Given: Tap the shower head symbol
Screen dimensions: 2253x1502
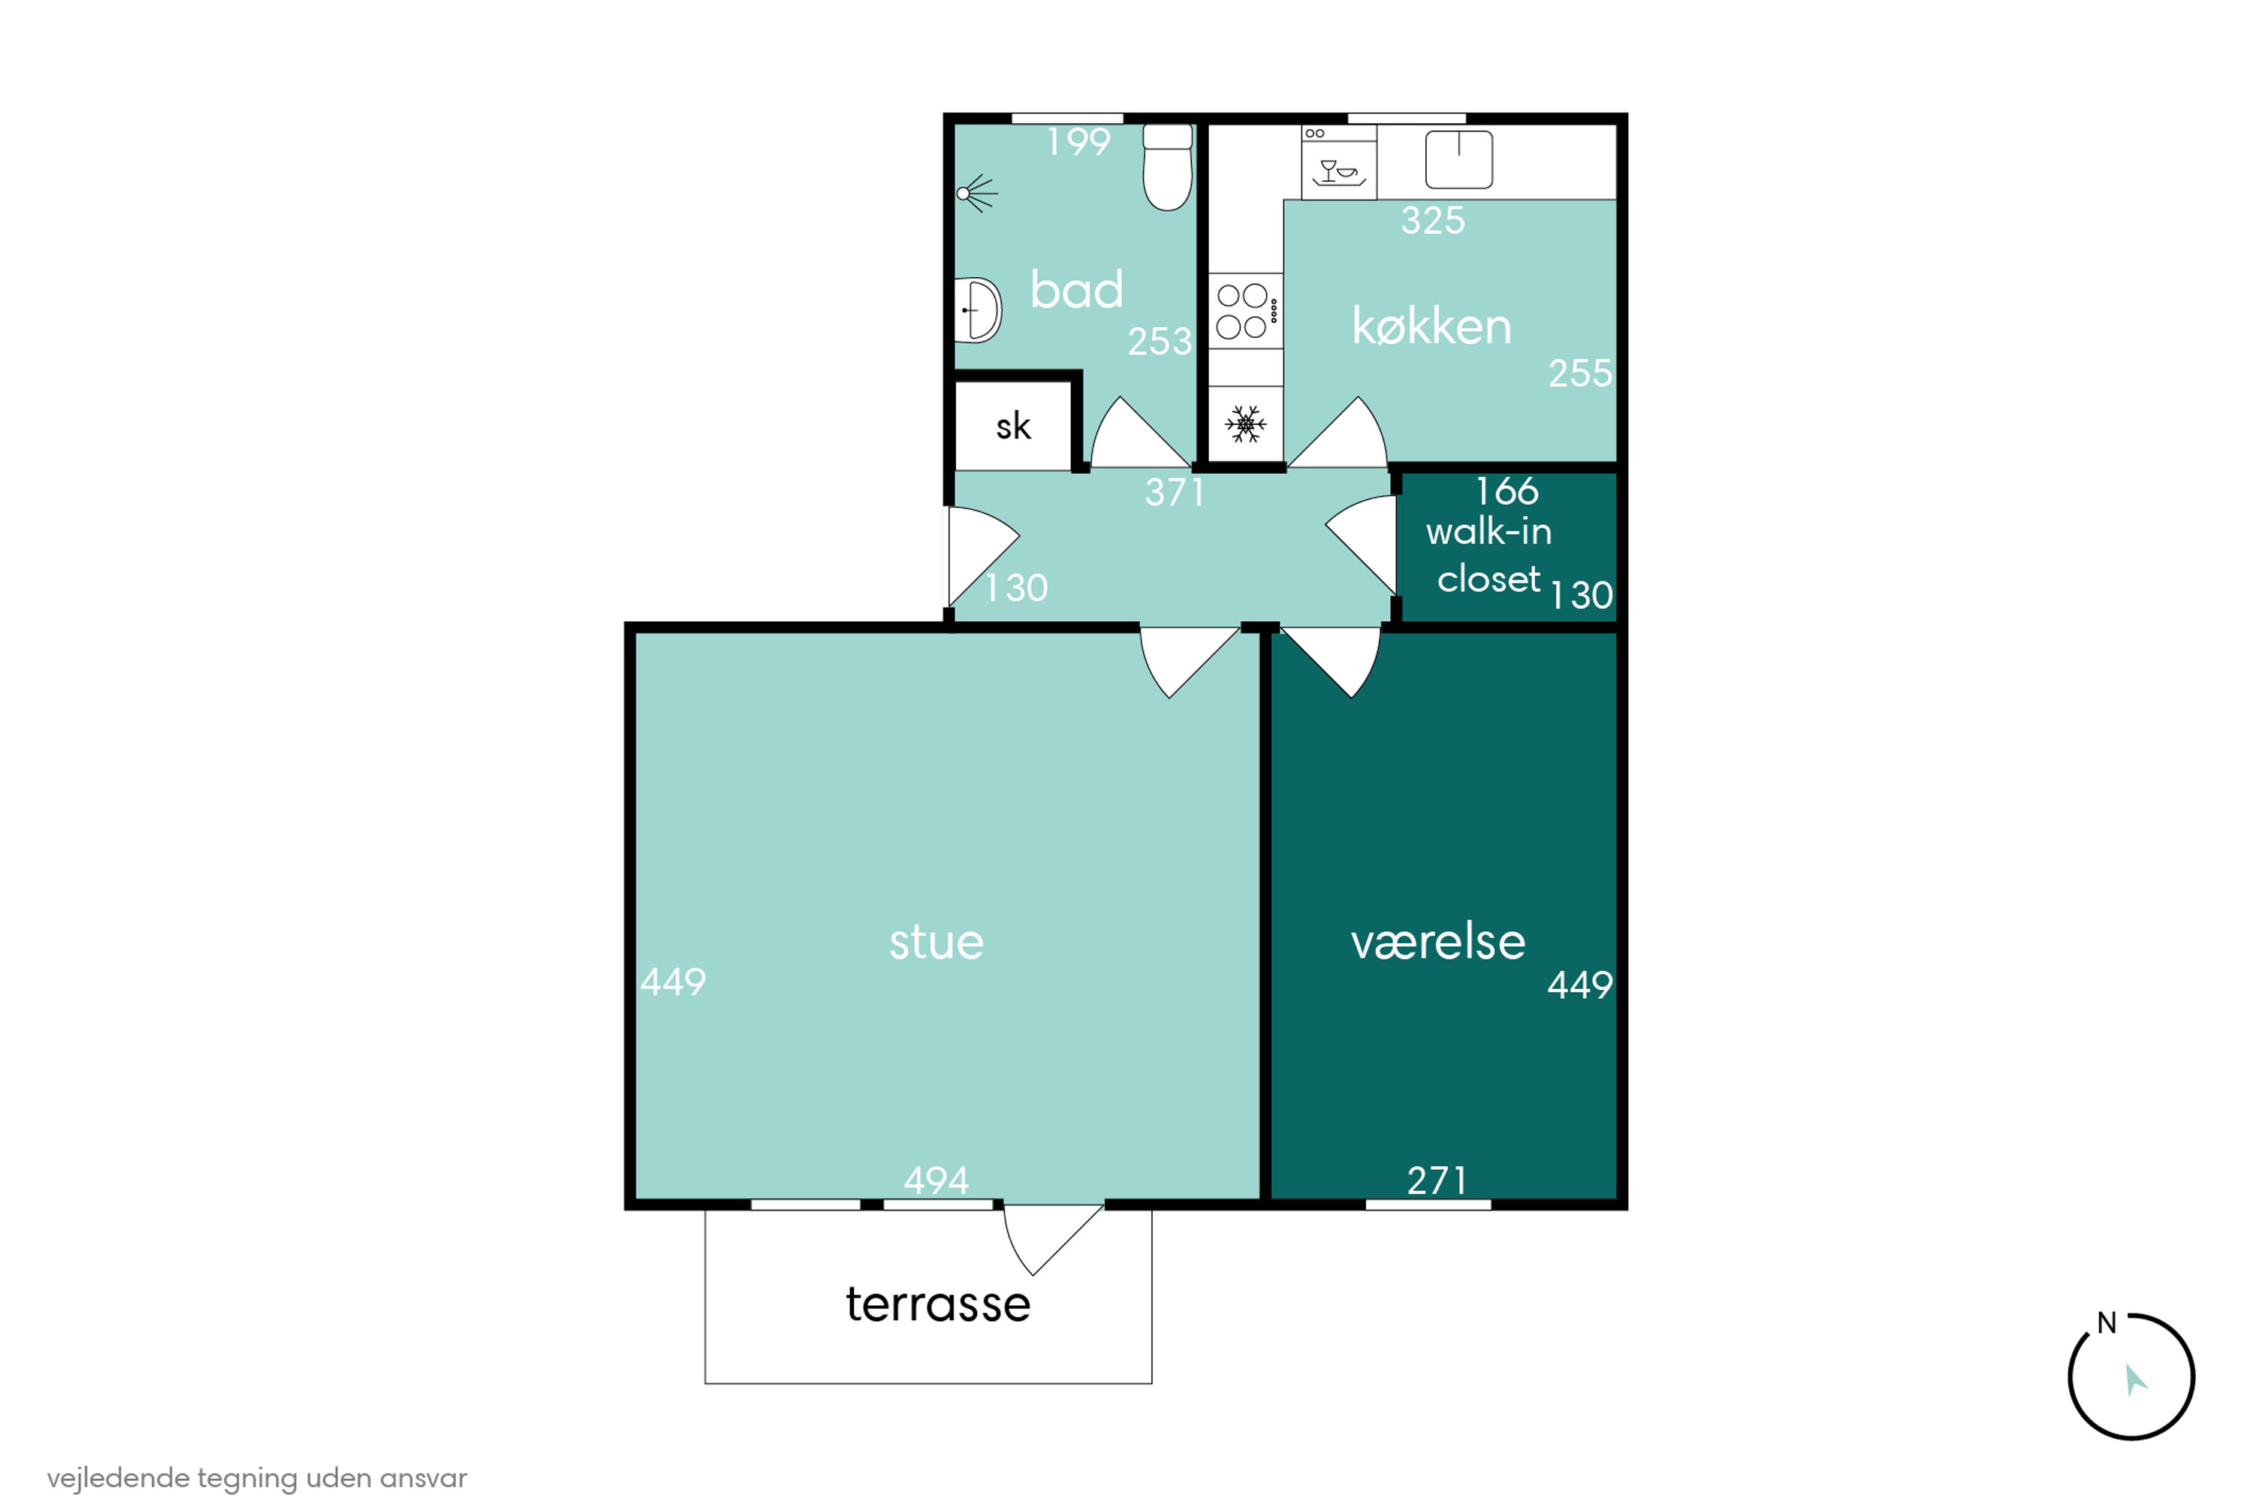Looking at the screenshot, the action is (976, 194).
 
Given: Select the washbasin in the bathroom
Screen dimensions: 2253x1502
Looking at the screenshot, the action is (978, 310).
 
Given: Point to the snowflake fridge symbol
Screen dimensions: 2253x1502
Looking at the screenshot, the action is (1245, 424).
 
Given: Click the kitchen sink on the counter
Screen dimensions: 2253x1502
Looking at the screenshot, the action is (1459, 159).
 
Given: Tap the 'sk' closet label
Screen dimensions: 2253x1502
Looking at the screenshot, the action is (1013, 427).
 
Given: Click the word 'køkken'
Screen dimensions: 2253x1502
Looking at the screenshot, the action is (1431, 327).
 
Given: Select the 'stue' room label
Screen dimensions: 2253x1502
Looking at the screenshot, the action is (936, 943).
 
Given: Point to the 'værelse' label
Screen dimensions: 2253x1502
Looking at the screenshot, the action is (1438, 943).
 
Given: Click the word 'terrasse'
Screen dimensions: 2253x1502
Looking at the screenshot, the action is (938, 1304).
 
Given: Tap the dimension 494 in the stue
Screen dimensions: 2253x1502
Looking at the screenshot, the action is (936, 1180).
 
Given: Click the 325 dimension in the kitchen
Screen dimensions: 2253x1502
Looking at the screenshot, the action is (1433, 220).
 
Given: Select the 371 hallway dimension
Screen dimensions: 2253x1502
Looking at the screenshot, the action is (1175, 493).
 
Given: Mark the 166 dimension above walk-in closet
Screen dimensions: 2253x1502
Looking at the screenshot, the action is (1507, 491).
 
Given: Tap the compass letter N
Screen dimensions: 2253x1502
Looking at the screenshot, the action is (2107, 1323).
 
